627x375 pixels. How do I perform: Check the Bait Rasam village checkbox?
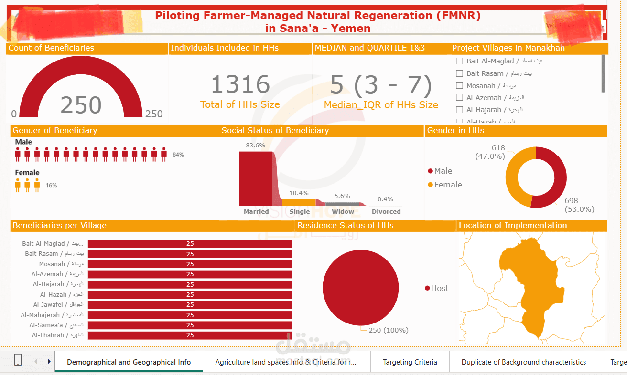(x=459, y=73)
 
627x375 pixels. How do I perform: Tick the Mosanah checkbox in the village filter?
(x=459, y=85)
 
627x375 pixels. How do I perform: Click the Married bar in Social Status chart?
(x=256, y=178)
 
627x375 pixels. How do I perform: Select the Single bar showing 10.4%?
(x=299, y=202)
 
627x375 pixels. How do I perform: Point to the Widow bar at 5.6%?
(x=342, y=204)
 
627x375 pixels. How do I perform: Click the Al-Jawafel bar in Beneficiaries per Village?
(x=190, y=305)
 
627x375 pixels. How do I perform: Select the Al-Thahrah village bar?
(x=190, y=335)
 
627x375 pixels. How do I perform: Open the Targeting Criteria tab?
(x=410, y=362)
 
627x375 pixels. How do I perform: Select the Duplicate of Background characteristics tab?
(x=523, y=362)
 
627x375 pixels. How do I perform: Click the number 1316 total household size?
(x=240, y=84)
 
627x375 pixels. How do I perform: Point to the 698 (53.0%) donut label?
(x=579, y=205)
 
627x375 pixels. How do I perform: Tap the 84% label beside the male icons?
(x=178, y=155)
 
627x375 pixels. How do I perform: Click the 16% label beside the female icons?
(x=51, y=185)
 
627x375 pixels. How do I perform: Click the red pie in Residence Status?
(x=360, y=288)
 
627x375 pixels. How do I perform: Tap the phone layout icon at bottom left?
(x=18, y=361)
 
